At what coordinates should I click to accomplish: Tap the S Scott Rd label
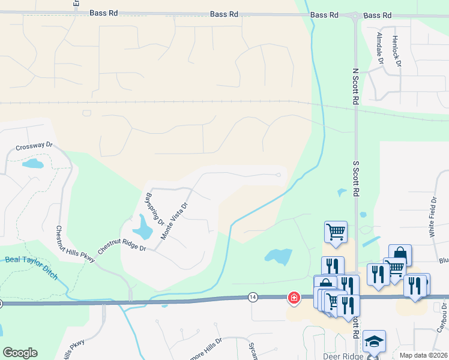[355, 178]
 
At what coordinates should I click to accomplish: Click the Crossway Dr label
[35, 145]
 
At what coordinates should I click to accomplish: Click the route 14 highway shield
[253, 297]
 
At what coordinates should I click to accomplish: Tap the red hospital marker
[294, 297]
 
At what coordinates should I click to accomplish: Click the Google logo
[20, 353]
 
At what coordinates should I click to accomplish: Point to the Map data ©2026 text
[423, 355]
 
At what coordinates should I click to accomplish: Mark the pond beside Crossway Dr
[32, 163]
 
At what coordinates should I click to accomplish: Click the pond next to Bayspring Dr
[143, 227]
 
